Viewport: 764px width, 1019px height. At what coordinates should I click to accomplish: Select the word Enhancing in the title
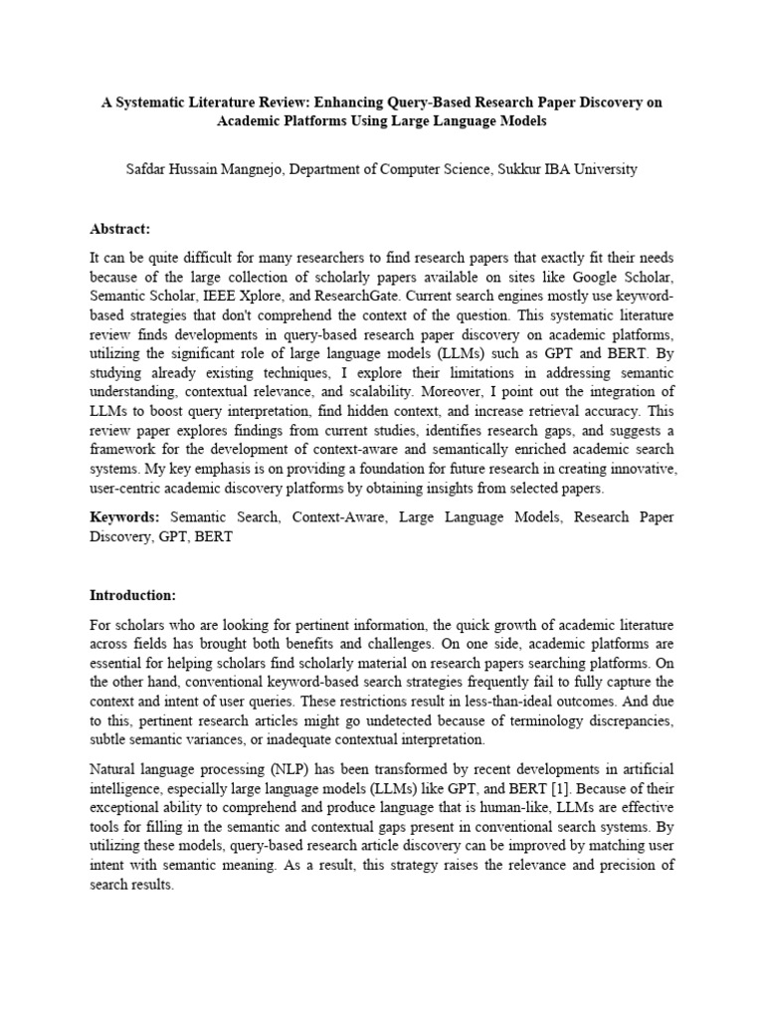342,102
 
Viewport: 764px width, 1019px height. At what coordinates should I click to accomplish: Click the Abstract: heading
119,229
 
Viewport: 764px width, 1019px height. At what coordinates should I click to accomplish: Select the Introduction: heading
132,595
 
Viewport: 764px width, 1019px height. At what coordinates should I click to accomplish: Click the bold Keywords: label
124,518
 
